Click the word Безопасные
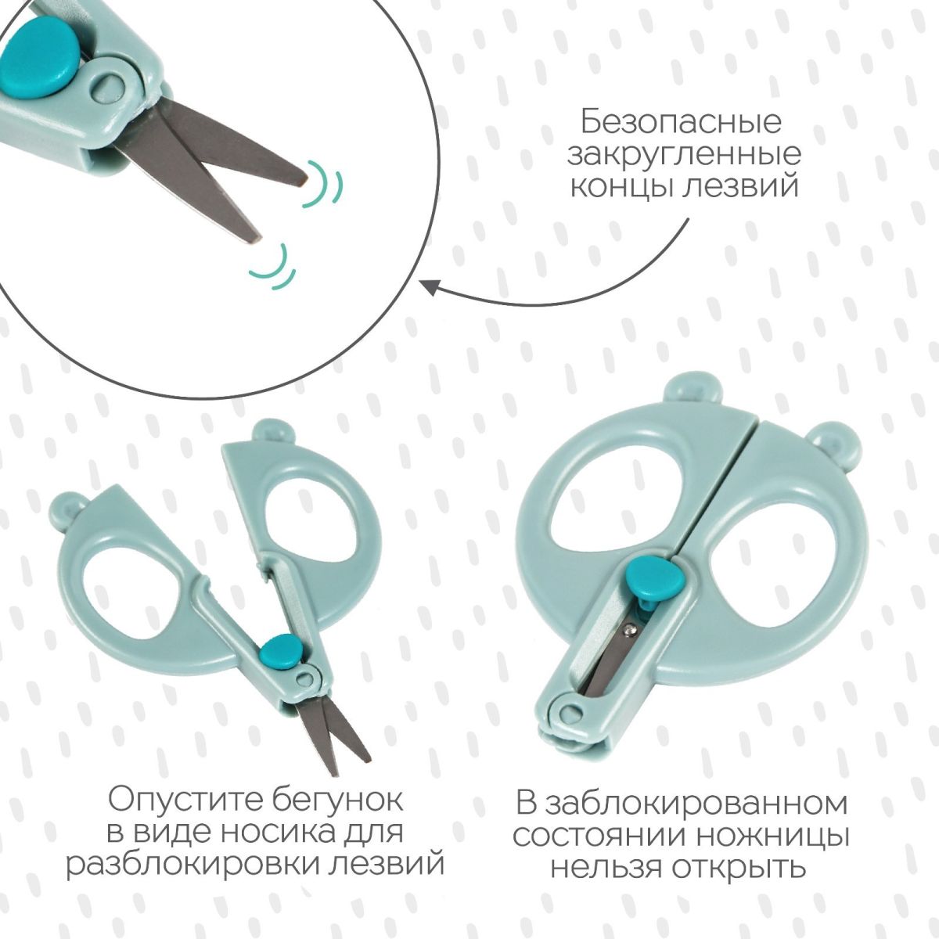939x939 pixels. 682,122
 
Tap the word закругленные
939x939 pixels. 684,155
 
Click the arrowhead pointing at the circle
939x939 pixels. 430,287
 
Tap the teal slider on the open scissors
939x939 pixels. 280,653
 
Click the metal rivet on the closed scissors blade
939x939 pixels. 631,631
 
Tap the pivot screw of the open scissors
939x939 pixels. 306,678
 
